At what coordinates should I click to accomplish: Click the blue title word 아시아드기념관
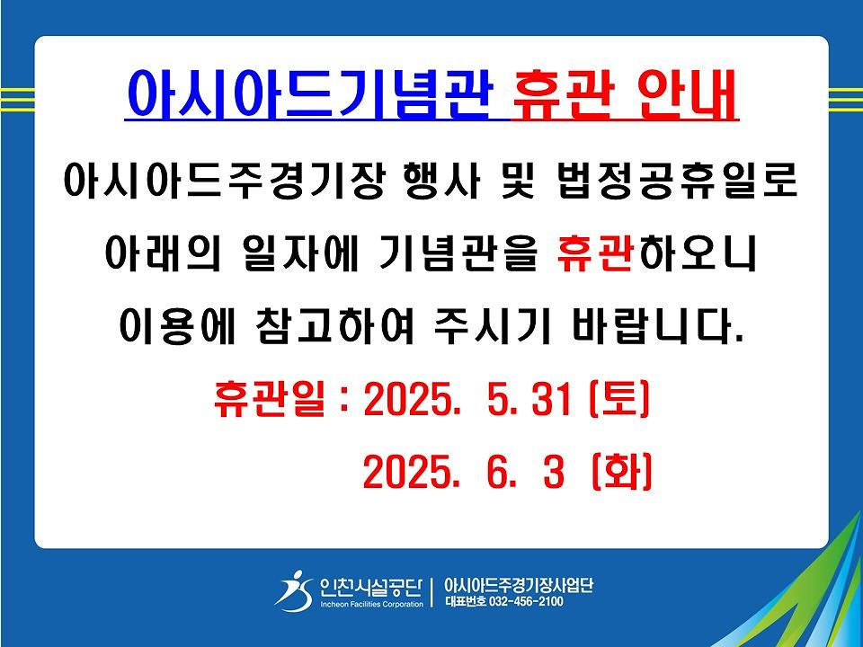(x=307, y=94)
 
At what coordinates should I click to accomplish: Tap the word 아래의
(x=163, y=253)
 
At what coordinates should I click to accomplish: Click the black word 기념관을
(x=458, y=253)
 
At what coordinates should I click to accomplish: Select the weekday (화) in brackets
(x=622, y=472)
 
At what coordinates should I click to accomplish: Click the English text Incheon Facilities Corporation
(x=372, y=604)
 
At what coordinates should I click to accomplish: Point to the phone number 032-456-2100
(x=526, y=601)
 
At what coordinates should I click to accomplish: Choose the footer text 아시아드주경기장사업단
(x=519, y=584)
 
